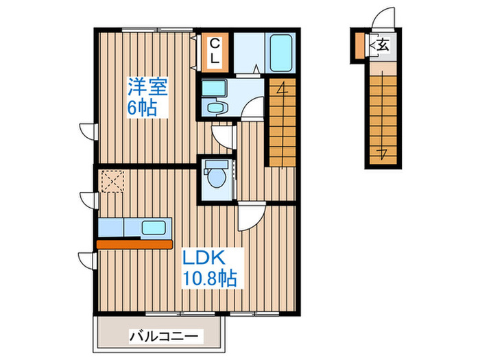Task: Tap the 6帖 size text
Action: [x=142, y=108]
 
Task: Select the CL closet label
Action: [x=215, y=51]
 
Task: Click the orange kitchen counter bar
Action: [x=134, y=243]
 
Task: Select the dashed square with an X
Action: [x=110, y=182]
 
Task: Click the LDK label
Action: [x=204, y=259]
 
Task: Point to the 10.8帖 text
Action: [x=209, y=278]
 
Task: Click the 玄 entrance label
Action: [x=383, y=46]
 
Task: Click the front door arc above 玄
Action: [x=383, y=18]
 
